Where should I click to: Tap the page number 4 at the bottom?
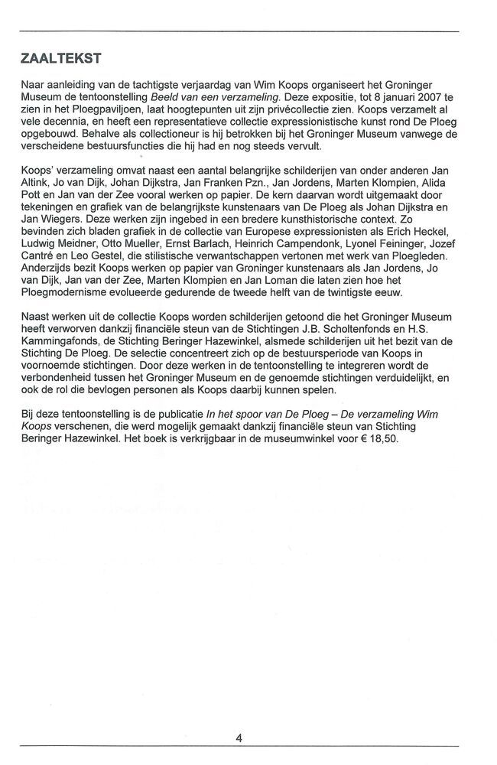[239, 738]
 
